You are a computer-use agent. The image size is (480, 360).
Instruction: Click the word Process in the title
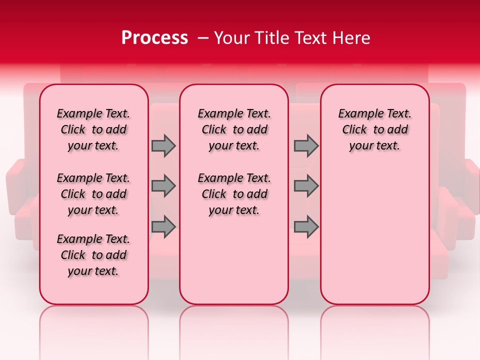154,38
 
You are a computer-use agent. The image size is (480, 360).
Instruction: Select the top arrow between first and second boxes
163,145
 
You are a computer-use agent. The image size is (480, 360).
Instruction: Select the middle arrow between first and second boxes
163,186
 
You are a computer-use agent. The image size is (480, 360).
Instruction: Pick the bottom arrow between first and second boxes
163,226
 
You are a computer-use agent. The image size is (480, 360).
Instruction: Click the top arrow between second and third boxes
305,145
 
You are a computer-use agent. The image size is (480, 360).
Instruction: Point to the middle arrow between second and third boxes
305,186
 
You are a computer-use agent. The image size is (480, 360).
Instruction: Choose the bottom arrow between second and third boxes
305,226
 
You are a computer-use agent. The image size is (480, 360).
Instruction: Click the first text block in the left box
93,129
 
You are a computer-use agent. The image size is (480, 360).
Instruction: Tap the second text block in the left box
93,194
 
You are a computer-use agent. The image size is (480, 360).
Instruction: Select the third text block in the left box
93,255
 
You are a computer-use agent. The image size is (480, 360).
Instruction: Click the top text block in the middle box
234,129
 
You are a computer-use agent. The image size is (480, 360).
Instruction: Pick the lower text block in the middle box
234,194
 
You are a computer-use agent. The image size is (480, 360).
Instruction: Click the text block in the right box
374,129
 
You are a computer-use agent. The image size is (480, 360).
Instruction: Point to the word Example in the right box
357,114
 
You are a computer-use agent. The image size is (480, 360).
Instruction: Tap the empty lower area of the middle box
234,260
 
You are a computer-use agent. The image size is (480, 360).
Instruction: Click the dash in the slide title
202,38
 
